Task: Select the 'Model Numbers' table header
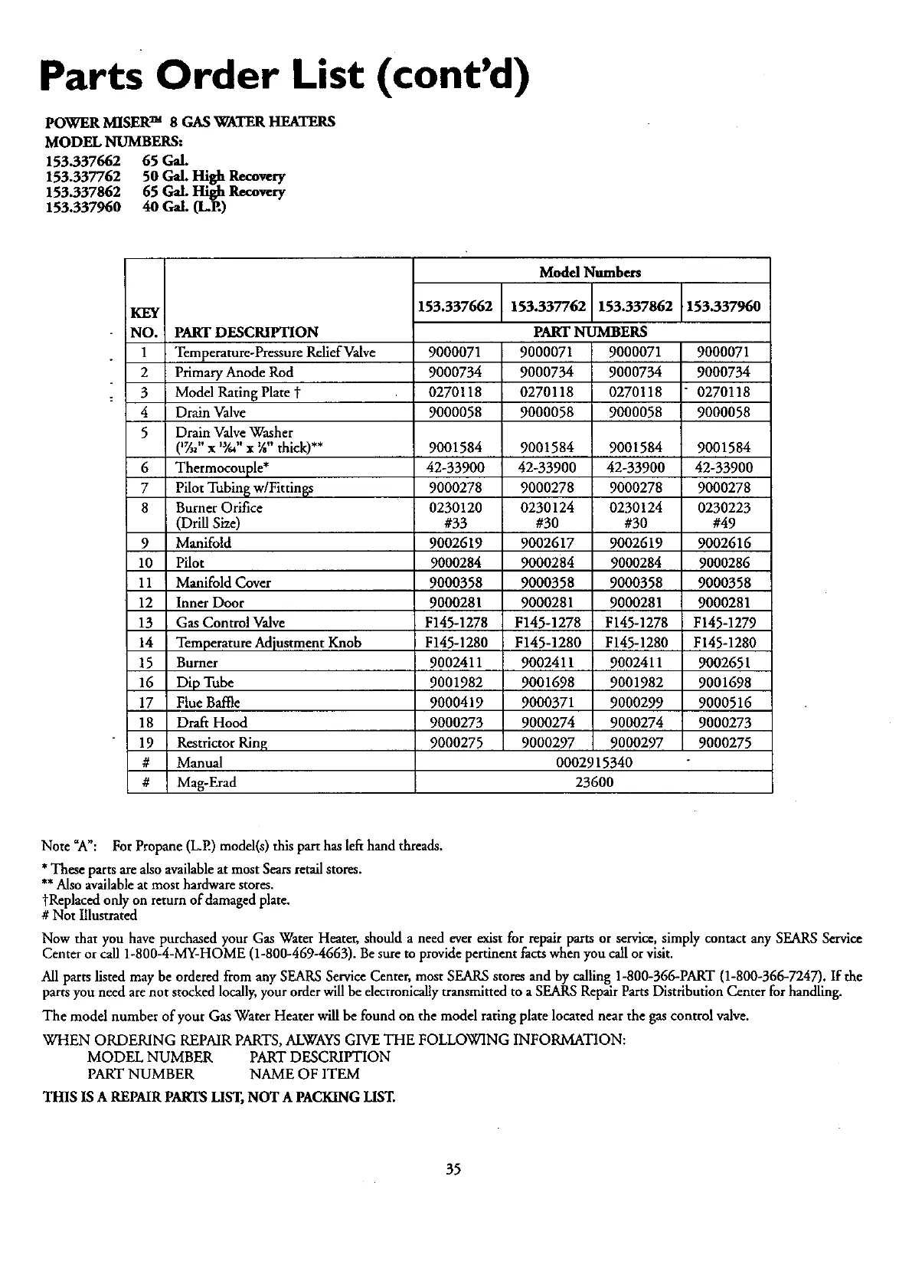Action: click(590, 272)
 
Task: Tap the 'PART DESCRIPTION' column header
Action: click(247, 332)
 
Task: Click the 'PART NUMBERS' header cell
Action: click(590, 332)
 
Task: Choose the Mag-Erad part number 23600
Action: click(593, 782)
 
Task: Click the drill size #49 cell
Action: click(724, 523)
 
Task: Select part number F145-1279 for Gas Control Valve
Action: click(724, 623)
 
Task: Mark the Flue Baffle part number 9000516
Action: click(724, 703)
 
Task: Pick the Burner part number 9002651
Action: click(724, 663)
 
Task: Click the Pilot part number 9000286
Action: click(724, 563)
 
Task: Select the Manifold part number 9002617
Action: click(547, 543)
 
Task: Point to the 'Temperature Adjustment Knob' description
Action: click(269, 643)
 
